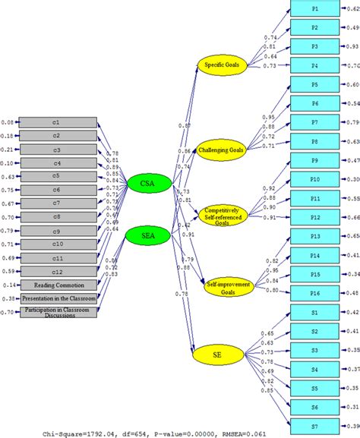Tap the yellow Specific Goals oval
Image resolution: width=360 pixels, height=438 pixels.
pos(222,66)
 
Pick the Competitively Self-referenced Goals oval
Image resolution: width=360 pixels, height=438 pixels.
pos(222,214)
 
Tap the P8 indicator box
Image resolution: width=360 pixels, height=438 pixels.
pos(314,141)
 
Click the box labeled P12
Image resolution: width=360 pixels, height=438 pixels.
pos(314,217)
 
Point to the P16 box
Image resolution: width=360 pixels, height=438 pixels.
pos(314,292)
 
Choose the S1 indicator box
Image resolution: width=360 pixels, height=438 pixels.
pos(314,312)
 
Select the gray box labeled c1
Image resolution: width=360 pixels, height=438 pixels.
pos(58,122)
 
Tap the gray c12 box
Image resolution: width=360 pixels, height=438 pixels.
pos(58,270)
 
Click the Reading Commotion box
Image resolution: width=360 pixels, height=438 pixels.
pos(58,285)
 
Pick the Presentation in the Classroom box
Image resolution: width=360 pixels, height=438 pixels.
pos(58,298)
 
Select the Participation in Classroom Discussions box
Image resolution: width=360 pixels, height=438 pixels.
pos(58,314)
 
